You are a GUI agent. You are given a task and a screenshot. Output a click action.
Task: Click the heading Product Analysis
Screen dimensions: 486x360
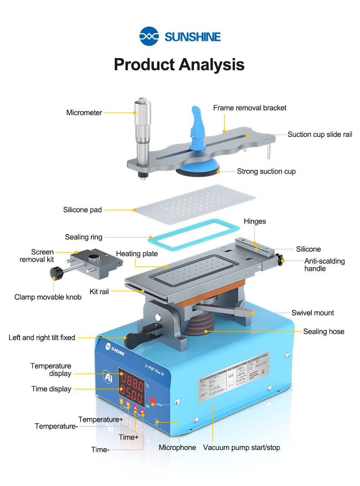tap(179, 64)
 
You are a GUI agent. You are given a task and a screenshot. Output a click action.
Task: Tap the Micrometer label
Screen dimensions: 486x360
tap(84, 112)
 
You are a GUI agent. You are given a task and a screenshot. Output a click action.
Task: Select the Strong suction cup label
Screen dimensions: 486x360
tap(266, 171)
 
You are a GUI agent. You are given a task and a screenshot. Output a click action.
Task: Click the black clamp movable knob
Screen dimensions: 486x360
tap(55, 272)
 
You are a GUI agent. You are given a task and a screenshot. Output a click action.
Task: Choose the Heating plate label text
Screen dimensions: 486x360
tap(137, 254)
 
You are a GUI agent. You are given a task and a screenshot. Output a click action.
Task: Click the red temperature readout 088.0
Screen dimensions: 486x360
tap(131, 385)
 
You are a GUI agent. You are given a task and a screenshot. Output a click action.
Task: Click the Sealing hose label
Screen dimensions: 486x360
tap(323, 332)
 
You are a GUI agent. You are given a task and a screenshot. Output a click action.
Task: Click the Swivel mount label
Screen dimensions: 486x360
tap(312, 313)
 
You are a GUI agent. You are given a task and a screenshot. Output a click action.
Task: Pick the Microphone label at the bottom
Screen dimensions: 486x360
tap(177, 447)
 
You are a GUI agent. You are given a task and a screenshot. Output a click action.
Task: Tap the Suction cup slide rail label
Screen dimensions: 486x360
tap(319, 134)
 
